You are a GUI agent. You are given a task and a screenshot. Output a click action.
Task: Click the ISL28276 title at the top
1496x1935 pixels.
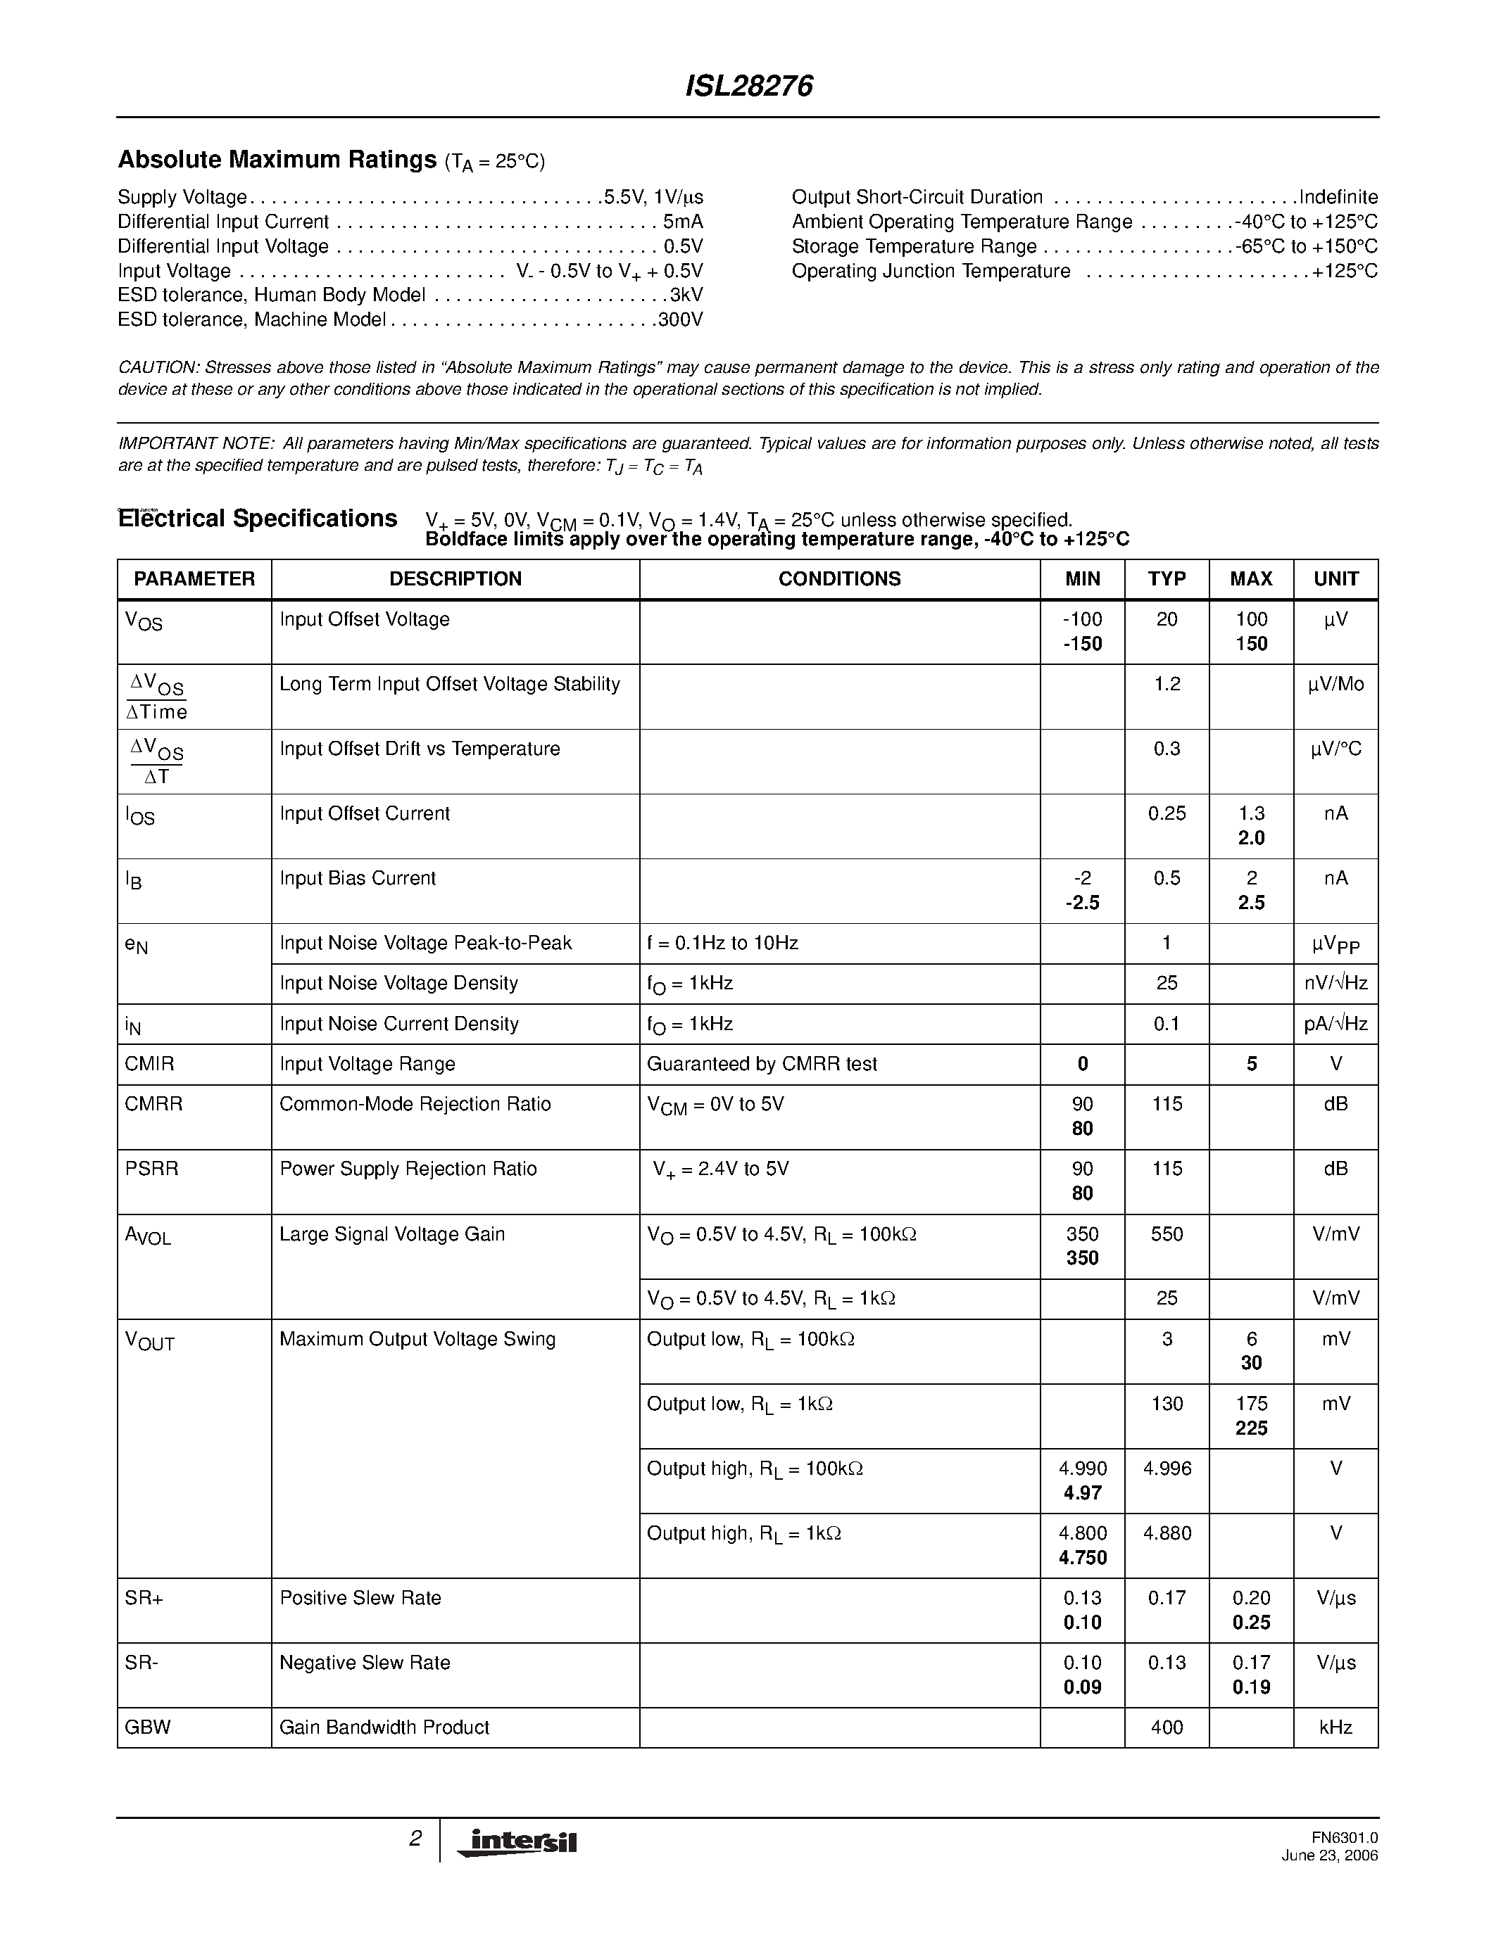(x=749, y=86)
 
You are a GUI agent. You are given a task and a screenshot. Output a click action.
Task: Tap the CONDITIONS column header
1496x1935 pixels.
(x=839, y=579)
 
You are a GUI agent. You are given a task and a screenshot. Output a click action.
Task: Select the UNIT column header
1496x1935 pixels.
(x=1335, y=579)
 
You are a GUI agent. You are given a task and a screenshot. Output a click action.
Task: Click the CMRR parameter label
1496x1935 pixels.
(x=154, y=1104)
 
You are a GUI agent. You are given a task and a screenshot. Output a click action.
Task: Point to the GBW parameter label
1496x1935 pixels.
(x=148, y=1727)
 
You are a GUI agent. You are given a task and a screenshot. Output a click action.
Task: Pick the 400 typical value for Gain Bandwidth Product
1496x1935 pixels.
(x=1167, y=1727)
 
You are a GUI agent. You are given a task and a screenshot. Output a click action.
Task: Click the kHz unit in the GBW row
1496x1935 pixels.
(x=1335, y=1727)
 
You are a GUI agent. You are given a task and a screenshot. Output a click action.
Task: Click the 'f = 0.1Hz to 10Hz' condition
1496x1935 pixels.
(x=722, y=943)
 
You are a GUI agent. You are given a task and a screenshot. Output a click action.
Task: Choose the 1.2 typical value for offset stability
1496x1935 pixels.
(x=1167, y=684)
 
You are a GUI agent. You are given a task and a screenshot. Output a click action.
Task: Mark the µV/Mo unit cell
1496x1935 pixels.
(x=1335, y=684)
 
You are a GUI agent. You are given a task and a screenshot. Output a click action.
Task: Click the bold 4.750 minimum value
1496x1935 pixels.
(x=1082, y=1558)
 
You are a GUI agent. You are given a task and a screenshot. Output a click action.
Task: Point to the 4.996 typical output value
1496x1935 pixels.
(x=1167, y=1468)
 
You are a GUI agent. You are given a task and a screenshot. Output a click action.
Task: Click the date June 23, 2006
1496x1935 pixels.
(x=1329, y=1856)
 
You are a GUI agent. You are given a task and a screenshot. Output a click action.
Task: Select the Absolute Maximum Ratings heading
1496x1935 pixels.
(x=277, y=160)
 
